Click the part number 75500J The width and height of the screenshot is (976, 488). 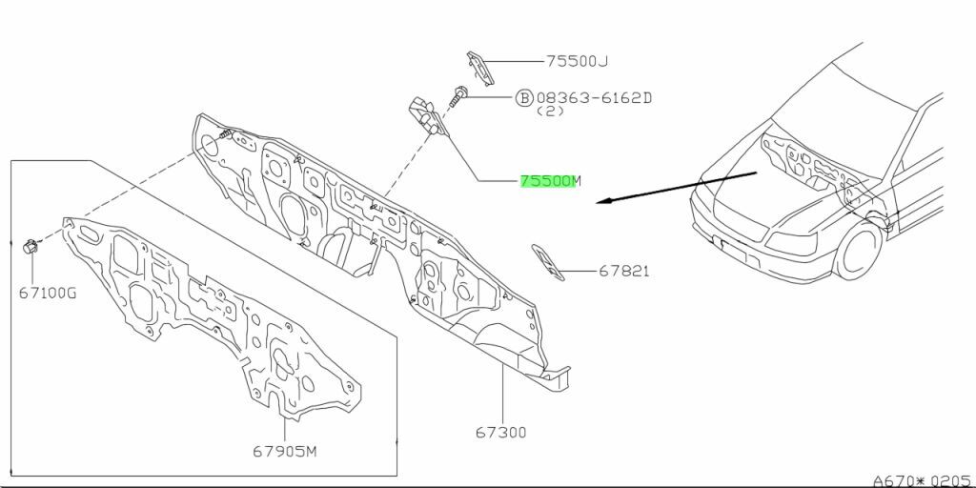pos(577,61)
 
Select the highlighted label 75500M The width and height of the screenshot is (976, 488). pos(549,180)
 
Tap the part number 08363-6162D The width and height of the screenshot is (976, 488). pos(597,97)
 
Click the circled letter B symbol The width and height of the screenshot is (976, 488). pos(524,97)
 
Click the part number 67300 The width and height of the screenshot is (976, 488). pos(501,433)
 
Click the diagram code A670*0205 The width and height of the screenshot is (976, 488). pos(922,478)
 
